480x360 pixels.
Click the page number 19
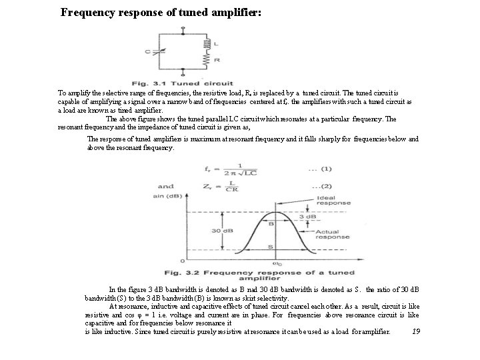click(x=415, y=331)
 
